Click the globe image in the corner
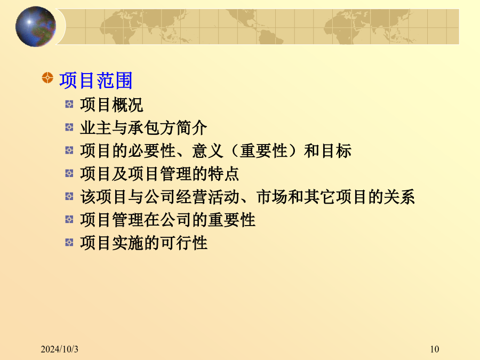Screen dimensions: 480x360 click(x=36, y=27)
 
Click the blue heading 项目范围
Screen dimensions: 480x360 click(x=96, y=81)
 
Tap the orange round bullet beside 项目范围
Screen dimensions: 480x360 click(x=47, y=78)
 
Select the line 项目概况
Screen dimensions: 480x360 click(x=111, y=105)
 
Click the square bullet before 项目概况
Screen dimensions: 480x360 click(x=69, y=104)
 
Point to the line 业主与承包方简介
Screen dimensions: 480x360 click(x=143, y=127)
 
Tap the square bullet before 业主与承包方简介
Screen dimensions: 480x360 click(x=69, y=127)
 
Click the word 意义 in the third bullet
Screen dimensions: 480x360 click(x=208, y=151)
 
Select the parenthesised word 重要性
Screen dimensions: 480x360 click(x=263, y=151)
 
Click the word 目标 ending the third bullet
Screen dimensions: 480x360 click(x=336, y=151)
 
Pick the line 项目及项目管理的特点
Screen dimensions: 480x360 click(x=159, y=174)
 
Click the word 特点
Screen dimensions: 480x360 click(x=223, y=174)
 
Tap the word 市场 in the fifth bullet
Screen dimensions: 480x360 click(x=272, y=197)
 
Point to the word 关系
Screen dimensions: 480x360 click(x=399, y=197)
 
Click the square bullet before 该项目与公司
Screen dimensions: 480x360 click(x=69, y=196)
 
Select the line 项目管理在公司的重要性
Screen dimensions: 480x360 click(x=168, y=220)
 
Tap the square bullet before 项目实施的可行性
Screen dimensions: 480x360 click(x=69, y=243)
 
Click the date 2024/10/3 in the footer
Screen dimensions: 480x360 click(x=59, y=349)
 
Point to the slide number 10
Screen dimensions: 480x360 click(x=434, y=349)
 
